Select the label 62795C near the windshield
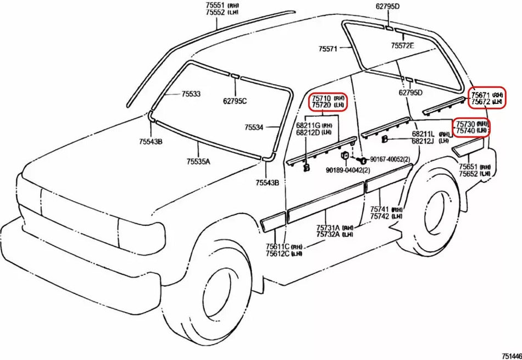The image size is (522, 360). pos(235,101)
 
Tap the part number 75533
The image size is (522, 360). pos(191,94)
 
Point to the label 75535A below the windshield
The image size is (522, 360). pos(198,162)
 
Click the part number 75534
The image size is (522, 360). pos(254,127)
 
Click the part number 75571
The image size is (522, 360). pos(327,48)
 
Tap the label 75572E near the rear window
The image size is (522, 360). pos(402,46)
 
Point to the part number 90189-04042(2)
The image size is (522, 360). pos(347,170)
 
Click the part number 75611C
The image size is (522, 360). pos(277,246)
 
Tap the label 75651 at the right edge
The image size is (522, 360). pos(469,166)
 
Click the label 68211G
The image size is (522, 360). pos(308,125)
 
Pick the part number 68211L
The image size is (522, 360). pos(423,134)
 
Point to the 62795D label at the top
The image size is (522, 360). pos(387,7)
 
